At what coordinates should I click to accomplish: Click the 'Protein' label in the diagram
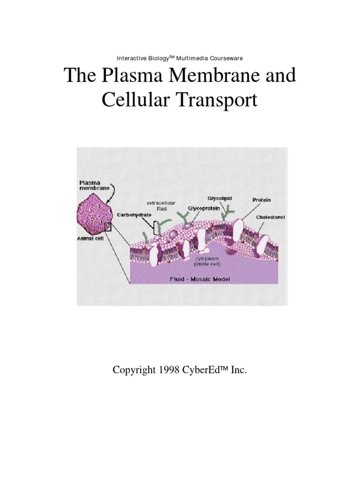tap(262, 200)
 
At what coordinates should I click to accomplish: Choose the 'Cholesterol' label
tap(271, 217)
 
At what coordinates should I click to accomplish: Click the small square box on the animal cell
tap(108, 227)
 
